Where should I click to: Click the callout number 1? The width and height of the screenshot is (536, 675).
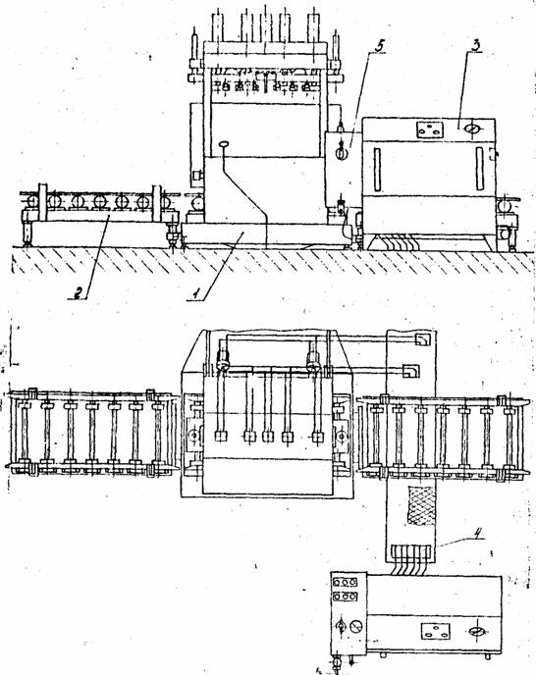coord(195,293)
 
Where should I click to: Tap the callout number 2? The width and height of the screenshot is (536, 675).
coord(78,292)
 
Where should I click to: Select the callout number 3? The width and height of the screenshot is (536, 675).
coord(475,46)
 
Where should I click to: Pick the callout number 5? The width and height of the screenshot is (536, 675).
coord(378,46)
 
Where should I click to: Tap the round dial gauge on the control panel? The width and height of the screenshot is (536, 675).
coord(356,626)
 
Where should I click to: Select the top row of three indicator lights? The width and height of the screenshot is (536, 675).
coord(346,583)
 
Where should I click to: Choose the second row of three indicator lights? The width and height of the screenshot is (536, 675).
coord(346,597)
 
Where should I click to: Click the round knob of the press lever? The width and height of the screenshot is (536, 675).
coord(224,144)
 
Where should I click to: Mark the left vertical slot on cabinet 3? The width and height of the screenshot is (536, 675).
coord(378,170)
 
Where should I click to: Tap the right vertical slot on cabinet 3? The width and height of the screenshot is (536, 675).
coord(479,169)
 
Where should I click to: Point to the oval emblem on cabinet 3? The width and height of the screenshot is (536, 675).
coord(472,129)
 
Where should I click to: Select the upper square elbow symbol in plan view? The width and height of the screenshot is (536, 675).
coord(422,339)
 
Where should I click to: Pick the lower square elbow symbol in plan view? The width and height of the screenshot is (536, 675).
coord(410,371)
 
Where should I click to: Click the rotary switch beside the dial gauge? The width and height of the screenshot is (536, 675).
coord(340,626)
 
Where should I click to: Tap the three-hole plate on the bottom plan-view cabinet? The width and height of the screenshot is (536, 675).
coord(436,631)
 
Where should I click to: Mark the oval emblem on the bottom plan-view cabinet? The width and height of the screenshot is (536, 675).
coord(477,632)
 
